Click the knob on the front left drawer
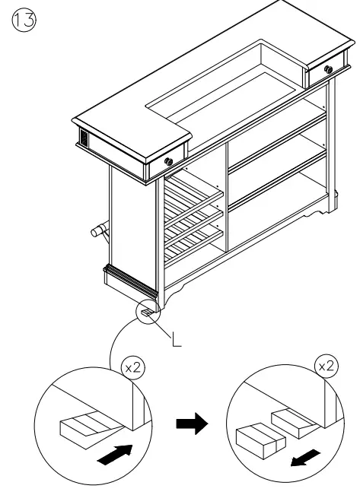[x=168, y=161]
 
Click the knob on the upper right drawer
[x=328, y=70]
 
